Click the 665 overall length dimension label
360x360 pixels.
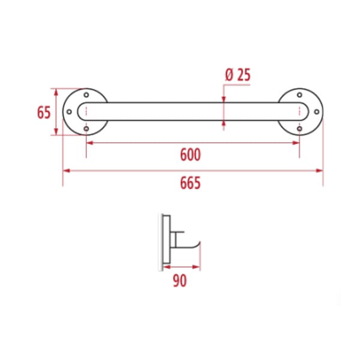point(190,183)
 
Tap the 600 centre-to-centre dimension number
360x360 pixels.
point(190,155)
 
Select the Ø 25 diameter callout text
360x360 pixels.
point(238,75)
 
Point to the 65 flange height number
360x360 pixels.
point(44,113)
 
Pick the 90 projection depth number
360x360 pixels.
point(180,281)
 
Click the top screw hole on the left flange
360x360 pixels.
point(86,95)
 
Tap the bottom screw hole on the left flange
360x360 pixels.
point(86,128)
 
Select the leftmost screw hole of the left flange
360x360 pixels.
point(69,112)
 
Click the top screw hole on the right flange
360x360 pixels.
point(299,95)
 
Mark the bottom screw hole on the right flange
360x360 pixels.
point(299,128)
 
